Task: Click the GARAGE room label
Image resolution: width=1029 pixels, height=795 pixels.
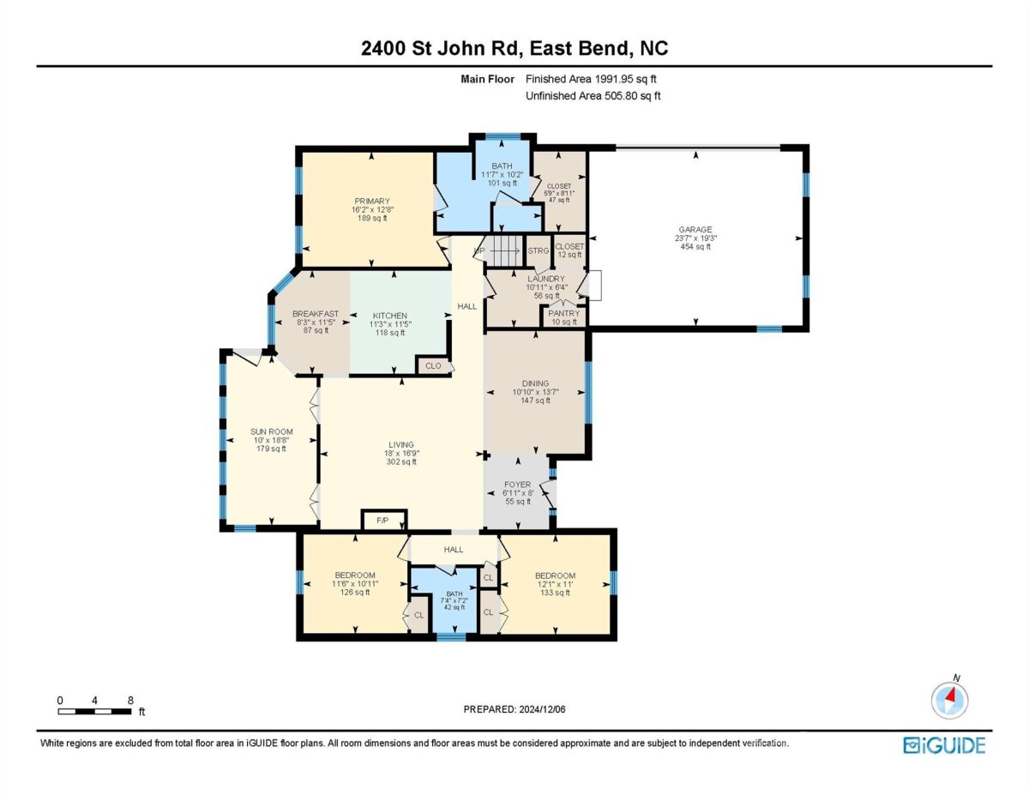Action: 695,230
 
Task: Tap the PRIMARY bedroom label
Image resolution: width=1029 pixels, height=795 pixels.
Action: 372,201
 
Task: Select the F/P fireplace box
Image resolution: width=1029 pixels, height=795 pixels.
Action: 383,521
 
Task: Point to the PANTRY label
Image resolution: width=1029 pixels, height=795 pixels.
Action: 563,313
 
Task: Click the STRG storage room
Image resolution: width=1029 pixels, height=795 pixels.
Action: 539,251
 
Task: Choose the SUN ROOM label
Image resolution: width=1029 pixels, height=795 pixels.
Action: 271,431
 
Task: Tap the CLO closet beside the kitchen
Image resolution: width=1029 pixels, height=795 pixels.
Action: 433,365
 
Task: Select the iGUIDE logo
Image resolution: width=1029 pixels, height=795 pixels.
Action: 944,746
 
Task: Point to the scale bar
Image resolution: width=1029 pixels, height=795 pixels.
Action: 94,711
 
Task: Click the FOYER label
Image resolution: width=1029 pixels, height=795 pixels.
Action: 518,485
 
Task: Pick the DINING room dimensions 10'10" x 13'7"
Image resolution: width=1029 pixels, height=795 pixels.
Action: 536,392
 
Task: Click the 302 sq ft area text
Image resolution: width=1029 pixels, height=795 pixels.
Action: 401,461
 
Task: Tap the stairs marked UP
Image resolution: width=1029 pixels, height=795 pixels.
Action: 504,251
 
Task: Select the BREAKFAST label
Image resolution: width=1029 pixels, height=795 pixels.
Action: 316,314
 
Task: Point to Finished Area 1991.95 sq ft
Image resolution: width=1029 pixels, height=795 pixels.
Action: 591,79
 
